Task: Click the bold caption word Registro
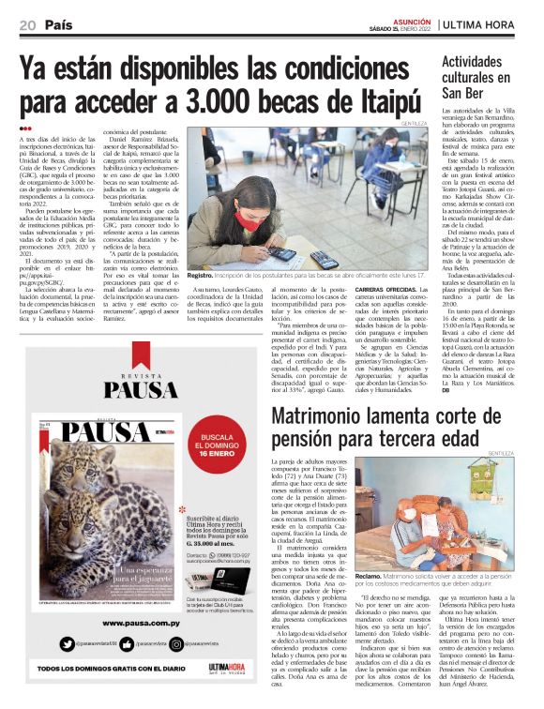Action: [202, 275]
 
